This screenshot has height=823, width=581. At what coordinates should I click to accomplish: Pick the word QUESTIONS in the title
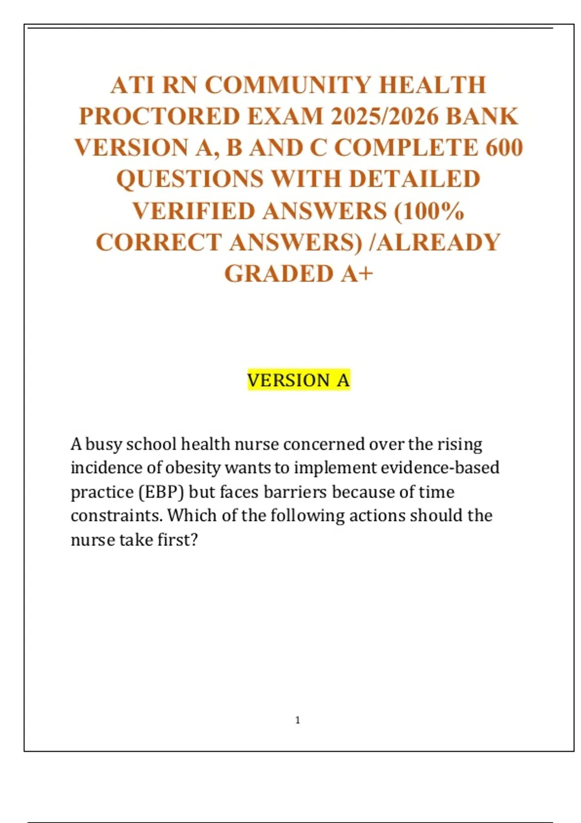tap(190, 179)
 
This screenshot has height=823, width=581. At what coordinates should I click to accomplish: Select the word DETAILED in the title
tap(414, 179)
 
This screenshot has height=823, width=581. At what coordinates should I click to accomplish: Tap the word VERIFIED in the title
tap(194, 211)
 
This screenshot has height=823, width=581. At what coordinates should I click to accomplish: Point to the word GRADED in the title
tap(279, 274)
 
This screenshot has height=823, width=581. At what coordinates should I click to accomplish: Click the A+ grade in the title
tap(357, 274)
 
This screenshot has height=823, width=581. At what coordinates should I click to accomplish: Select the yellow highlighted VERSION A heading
tap(298, 381)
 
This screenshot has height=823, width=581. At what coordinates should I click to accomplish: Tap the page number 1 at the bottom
tap(297, 720)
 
